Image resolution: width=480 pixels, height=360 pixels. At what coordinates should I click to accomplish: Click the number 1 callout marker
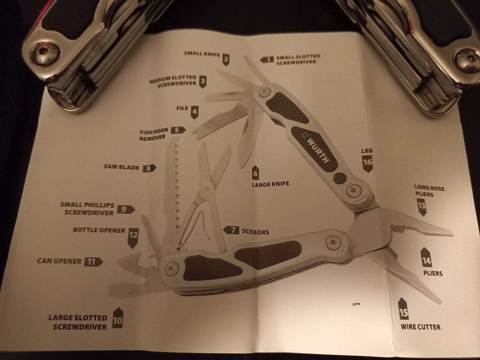click(x=267, y=60)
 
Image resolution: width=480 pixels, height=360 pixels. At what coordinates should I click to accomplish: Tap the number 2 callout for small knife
click(x=226, y=60)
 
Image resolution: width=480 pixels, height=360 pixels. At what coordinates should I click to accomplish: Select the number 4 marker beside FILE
click(x=194, y=112)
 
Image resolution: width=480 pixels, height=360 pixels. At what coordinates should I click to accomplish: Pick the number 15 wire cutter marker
click(x=404, y=312)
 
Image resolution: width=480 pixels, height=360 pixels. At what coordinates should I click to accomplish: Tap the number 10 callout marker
click(x=118, y=318)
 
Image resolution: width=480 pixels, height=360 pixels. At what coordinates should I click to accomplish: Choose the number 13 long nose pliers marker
click(x=421, y=207)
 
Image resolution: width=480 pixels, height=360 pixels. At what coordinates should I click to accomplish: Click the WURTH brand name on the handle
click(x=317, y=149)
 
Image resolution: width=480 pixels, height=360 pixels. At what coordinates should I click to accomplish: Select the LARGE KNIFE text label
click(x=270, y=183)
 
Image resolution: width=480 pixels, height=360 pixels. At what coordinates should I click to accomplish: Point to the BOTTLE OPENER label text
click(x=99, y=230)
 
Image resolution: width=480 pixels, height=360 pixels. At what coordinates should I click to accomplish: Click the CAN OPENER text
click(x=59, y=262)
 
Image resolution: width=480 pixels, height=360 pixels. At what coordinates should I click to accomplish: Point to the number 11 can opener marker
click(x=93, y=262)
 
